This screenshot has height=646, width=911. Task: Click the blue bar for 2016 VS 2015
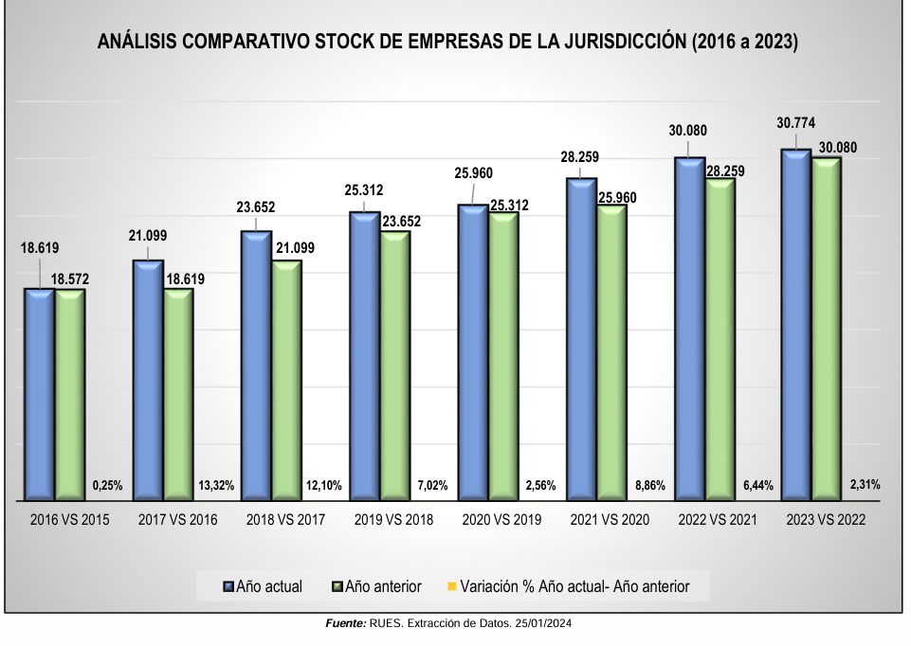tap(39, 394)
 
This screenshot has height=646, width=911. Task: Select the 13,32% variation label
tap(216, 486)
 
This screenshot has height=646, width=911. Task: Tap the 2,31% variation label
tap(864, 485)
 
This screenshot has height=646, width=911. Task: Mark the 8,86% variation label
tap(649, 486)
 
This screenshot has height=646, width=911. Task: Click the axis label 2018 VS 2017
tap(285, 520)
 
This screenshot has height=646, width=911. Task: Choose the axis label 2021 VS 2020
tap(610, 520)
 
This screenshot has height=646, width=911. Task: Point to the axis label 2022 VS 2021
tap(718, 520)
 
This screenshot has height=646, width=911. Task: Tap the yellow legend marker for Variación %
tap(451, 587)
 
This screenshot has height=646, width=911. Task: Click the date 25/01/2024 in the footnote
tap(544, 623)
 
